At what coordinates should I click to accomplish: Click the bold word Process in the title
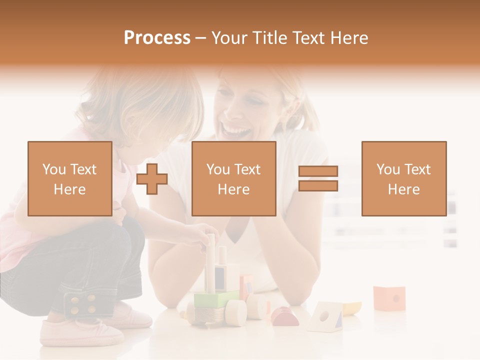tap(157, 38)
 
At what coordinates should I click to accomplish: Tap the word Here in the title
tap(348, 38)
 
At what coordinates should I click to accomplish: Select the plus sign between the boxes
tap(152, 178)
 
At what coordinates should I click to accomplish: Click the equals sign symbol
tap(318, 178)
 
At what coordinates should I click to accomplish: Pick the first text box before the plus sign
tap(70, 178)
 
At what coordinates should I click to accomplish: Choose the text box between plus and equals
tap(233, 178)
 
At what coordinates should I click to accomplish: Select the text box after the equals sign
tap(403, 178)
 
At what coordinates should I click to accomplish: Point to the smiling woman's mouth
tap(236, 131)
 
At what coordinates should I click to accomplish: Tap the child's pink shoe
tap(80, 332)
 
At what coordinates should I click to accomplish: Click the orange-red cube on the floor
tap(389, 297)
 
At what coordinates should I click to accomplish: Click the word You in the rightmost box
tap(388, 169)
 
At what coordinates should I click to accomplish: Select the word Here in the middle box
tap(233, 189)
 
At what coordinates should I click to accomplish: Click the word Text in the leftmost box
tap(83, 169)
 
